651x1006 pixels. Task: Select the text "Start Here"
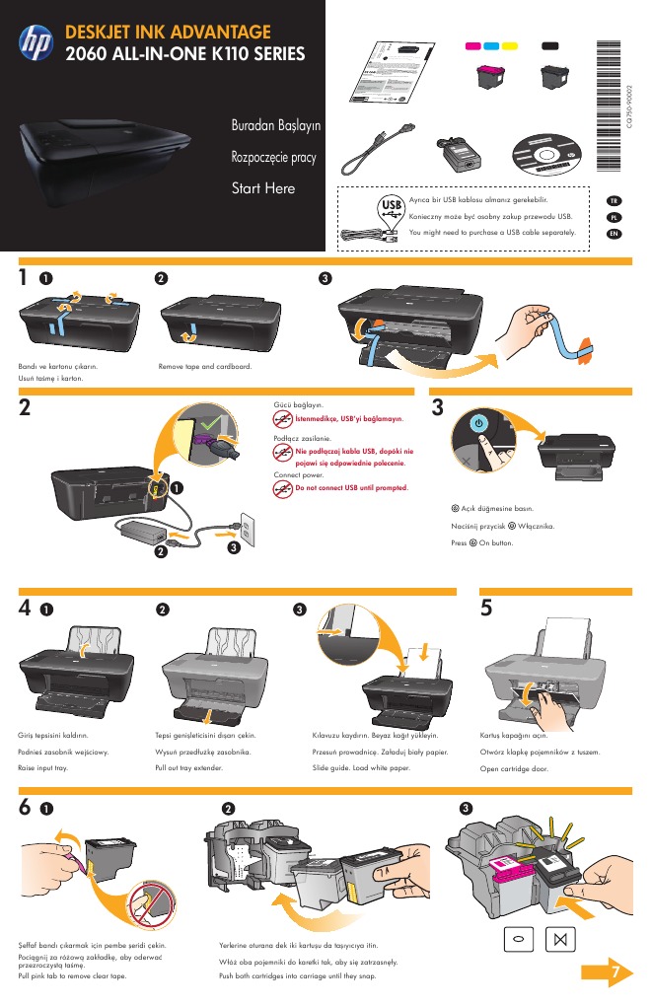[262, 188]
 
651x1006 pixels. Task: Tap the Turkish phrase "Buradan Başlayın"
[275, 127]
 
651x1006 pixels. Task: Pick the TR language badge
[614, 201]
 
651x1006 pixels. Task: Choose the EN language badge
[614, 234]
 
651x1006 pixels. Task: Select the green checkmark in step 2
[205, 427]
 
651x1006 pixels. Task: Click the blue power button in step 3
[477, 421]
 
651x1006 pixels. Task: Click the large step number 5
[486, 609]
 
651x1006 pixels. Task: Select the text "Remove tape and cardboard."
[205, 367]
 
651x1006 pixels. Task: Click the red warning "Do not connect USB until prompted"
[352, 487]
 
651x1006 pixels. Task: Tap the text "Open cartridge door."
[514, 766]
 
